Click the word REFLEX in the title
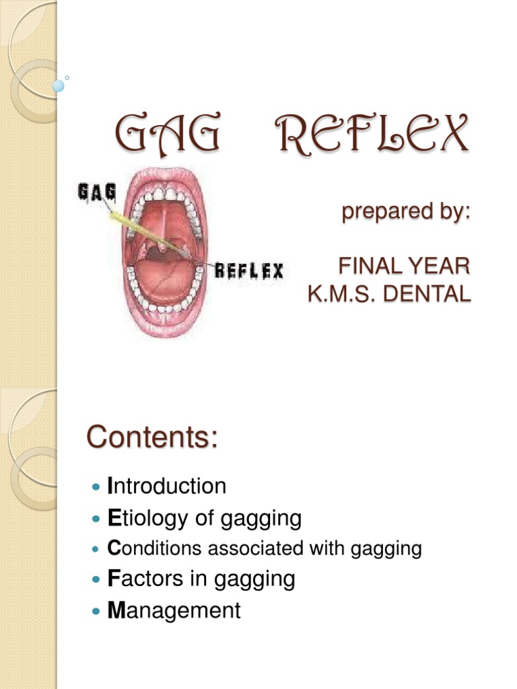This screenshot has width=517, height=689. (x=372, y=135)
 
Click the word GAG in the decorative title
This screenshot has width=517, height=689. (x=166, y=135)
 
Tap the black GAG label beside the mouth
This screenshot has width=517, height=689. (x=97, y=193)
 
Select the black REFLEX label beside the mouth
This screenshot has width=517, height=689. (x=249, y=271)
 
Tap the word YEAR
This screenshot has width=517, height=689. (x=438, y=266)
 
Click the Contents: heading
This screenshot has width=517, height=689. (x=152, y=438)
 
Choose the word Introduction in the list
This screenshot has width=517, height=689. (x=167, y=486)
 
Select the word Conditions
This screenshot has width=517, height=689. (x=154, y=549)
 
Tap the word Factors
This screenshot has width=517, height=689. (x=143, y=579)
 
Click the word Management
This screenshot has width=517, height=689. (x=174, y=610)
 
